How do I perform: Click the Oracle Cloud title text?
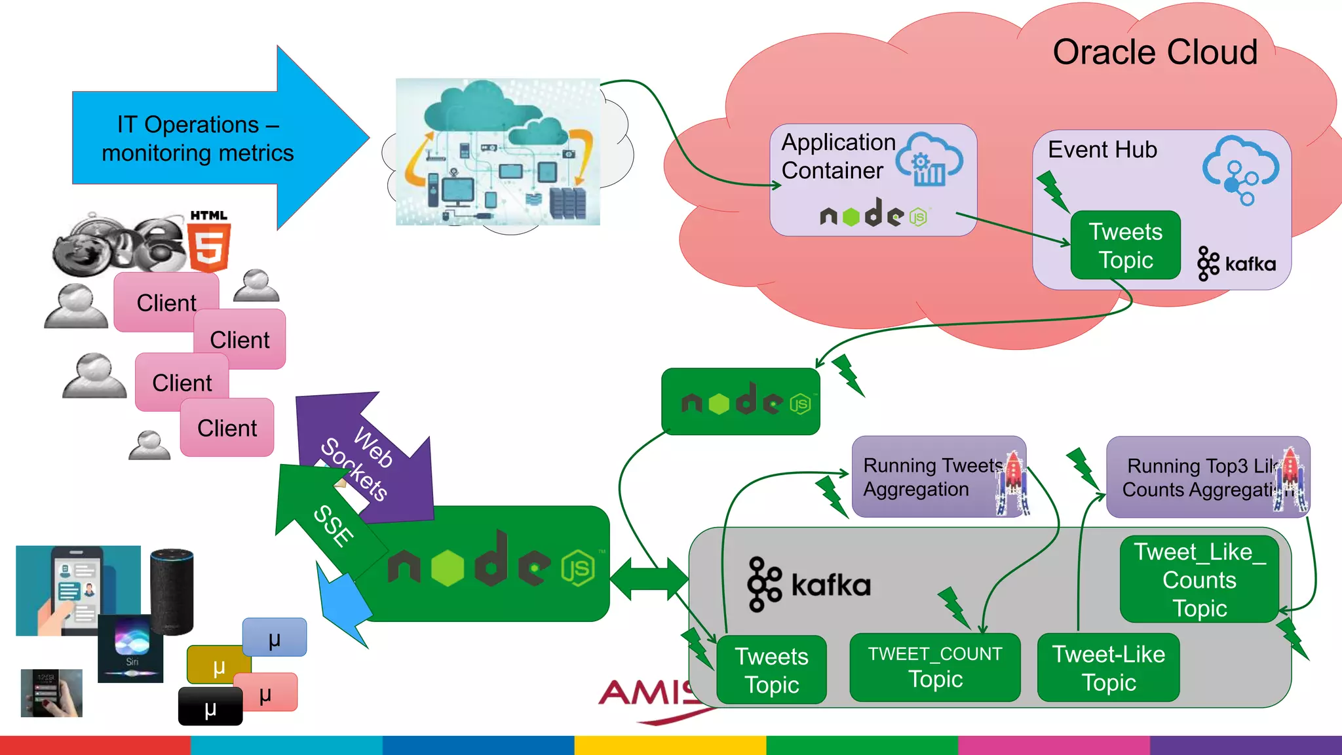click(x=1155, y=52)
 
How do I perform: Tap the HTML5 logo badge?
click(x=209, y=242)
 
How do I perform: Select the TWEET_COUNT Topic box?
click(x=934, y=667)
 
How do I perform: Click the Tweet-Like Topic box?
click(x=1108, y=668)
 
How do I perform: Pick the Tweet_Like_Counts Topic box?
click(x=1199, y=579)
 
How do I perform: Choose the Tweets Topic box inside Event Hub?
click(x=1125, y=246)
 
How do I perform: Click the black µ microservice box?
click(x=210, y=707)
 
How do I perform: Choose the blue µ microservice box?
click(x=275, y=637)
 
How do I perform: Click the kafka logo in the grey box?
click(x=809, y=584)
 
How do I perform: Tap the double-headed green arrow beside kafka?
click(x=649, y=579)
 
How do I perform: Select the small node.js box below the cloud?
click(x=740, y=402)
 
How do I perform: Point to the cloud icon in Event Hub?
click(x=1240, y=169)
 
